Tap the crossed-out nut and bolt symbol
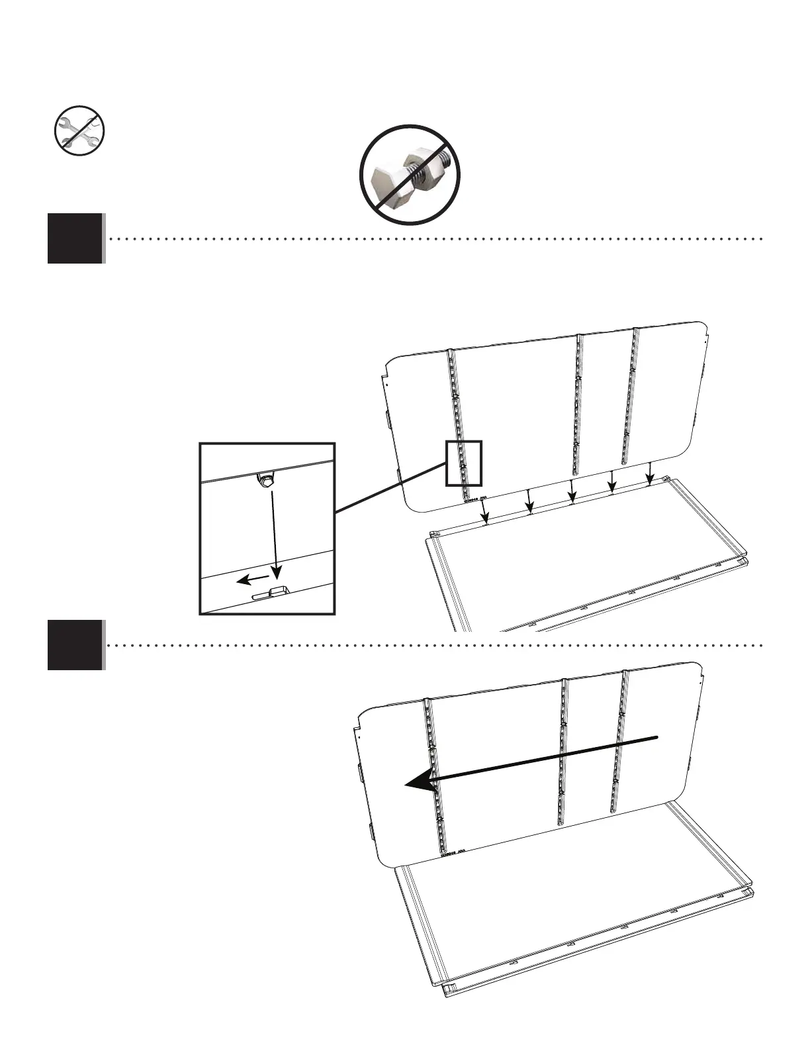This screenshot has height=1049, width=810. (410, 174)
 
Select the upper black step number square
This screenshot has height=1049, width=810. (75, 238)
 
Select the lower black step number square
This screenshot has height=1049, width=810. (75, 645)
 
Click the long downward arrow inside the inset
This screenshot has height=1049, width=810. (271, 530)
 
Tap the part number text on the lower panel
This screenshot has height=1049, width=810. (456, 854)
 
